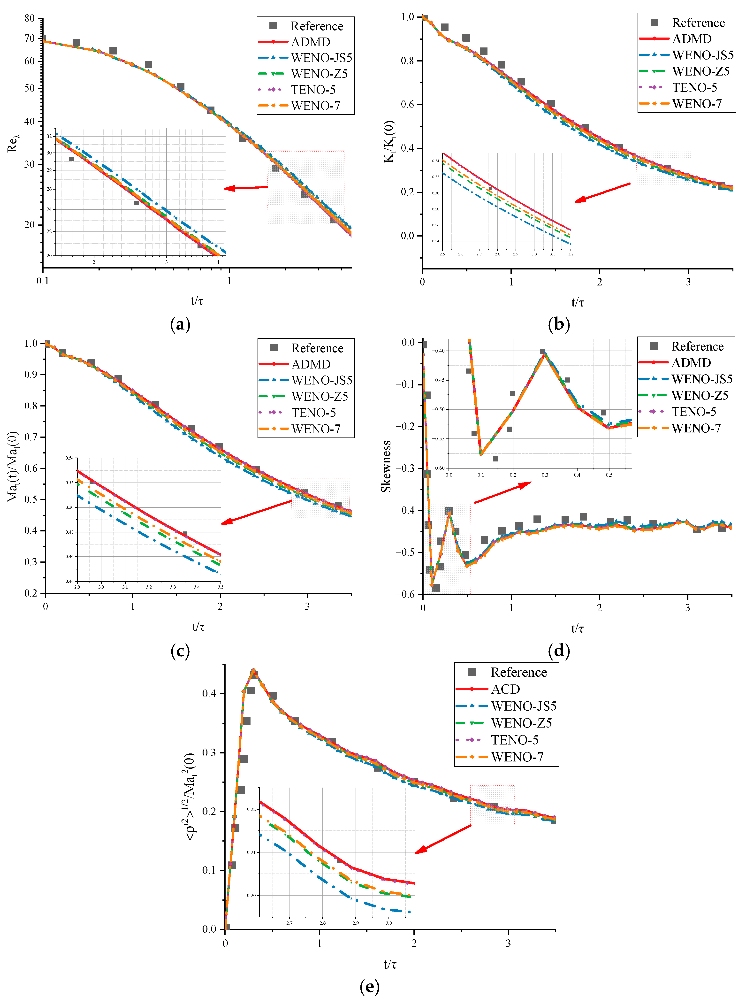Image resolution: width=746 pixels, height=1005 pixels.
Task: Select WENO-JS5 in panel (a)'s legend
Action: (321, 58)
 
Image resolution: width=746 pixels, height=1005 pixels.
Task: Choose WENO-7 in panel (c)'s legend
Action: (316, 429)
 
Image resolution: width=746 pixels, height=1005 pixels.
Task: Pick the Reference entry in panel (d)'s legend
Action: (697, 346)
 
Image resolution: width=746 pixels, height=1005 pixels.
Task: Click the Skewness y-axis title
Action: (386, 467)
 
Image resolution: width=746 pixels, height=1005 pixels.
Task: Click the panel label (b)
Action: (559, 324)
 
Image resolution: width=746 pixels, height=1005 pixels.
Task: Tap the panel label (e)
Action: (369, 987)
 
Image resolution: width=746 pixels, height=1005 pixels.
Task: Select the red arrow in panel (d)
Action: (502, 492)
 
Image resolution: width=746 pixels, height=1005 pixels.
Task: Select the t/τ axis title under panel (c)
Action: (198, 627)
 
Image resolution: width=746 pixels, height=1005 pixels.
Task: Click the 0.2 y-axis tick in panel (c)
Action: (31, 593)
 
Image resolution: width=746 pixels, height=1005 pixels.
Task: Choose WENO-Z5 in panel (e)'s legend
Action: (521, 723)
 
